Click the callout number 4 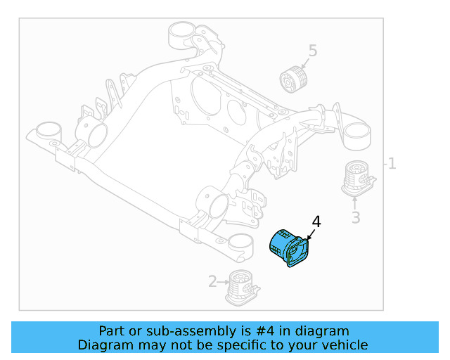point(316,222)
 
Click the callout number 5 point(312,51)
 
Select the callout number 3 point(356,218)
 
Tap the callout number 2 point(212,282)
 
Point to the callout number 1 point(392,164)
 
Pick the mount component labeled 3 point(357,179)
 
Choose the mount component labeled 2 point(241,286)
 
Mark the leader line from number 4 point(311,235)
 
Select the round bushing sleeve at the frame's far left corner point(48,132)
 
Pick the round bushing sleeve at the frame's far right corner point(357,134)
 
